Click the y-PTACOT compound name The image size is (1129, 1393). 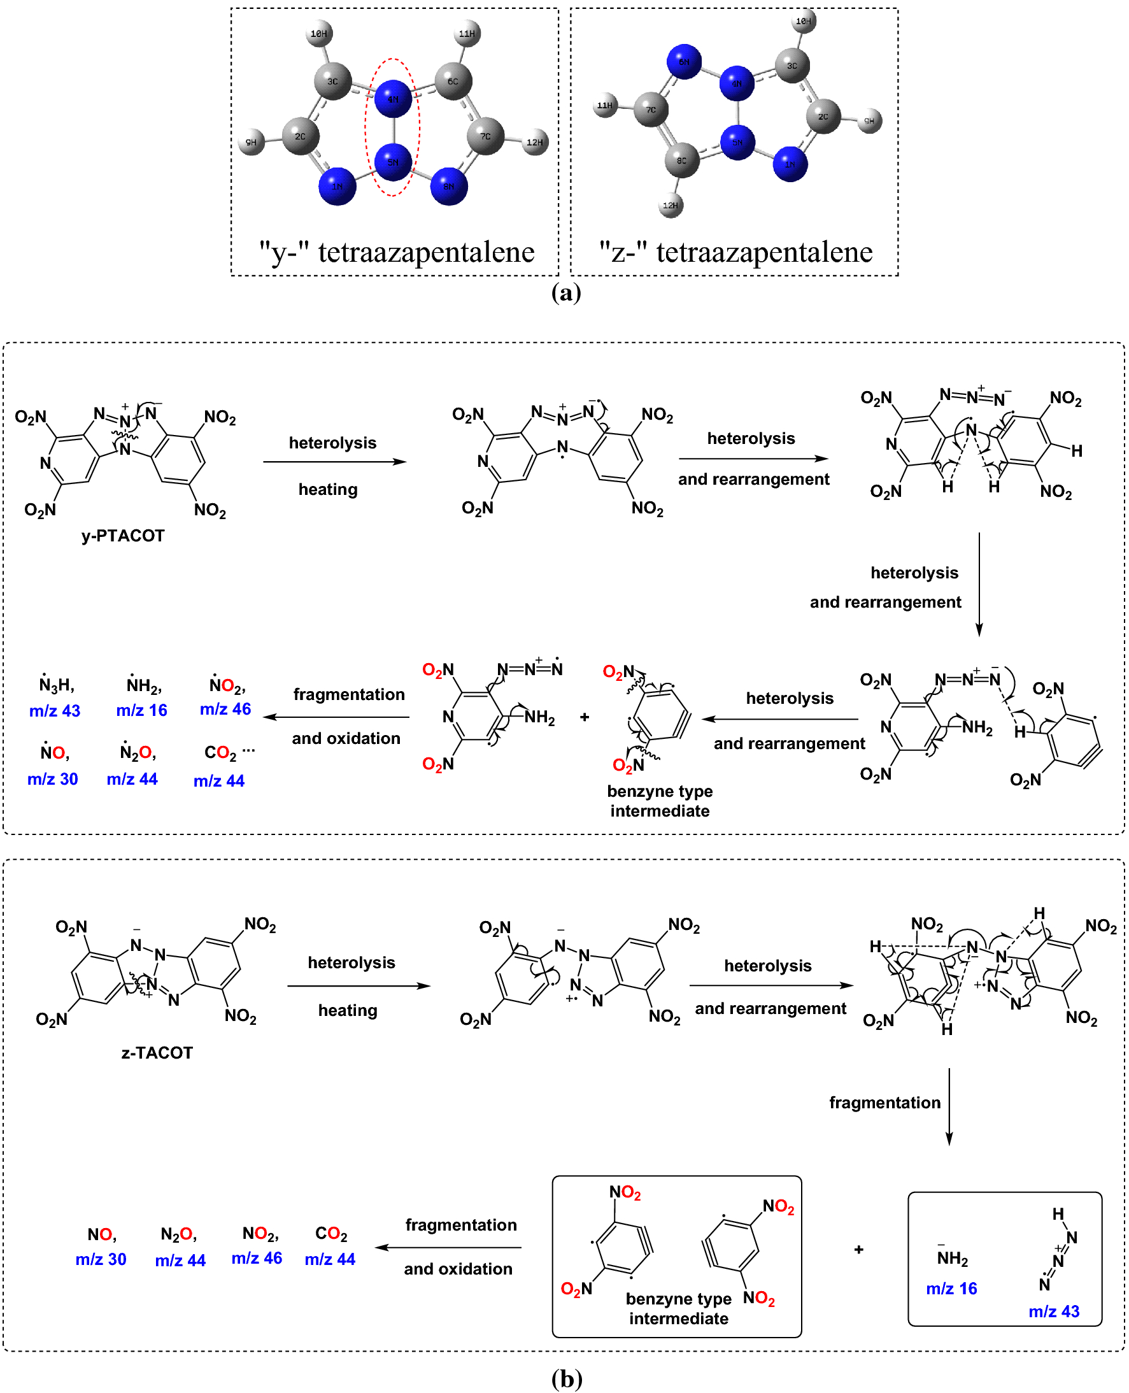tap(123, 536)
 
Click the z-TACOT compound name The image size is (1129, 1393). tap(157, 1054)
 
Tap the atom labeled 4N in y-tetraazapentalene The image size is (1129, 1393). tap(393, 99)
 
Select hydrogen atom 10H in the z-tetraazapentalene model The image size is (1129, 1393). tap(804, 22)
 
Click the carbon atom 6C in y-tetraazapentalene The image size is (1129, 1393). tap(453, 82)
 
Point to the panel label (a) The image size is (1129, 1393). tap(566, 293)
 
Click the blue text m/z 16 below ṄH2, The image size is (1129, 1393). tap(142, 710)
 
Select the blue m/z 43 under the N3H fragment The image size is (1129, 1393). tap(55, 711)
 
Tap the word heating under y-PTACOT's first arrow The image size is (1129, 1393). tap(328, 489)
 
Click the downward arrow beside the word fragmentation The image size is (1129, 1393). tap(949, 1106)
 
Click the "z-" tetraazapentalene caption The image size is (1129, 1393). tap(735, 252)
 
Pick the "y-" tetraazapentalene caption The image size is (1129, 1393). tap(397, 252)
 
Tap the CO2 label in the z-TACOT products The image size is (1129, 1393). tap(331, 1234)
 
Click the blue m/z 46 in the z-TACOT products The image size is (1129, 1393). tap(257, 1259)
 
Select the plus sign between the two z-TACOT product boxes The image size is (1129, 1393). tap(858, 1249)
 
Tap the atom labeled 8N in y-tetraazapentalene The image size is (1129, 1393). tap(449, 186)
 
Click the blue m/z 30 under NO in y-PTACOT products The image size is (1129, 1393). tap(53, 780)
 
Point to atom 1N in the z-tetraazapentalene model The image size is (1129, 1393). tap(790, 164)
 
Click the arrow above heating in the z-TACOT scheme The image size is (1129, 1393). tap(359, 987)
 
